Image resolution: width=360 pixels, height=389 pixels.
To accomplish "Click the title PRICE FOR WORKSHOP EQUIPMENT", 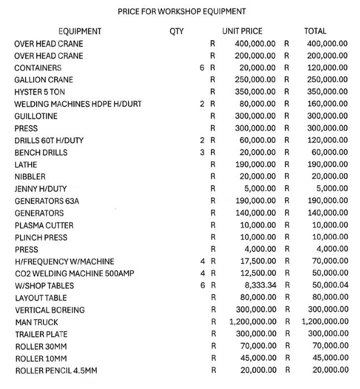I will [182, 11].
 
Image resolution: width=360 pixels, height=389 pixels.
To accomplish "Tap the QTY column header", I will [176, 32].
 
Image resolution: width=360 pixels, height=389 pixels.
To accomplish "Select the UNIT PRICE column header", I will [242, 32].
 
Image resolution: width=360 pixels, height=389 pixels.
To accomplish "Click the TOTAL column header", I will [315, 32].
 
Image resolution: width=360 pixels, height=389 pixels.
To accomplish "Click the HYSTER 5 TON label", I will [40, 92].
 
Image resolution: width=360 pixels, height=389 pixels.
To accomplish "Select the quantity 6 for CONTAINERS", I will [203, 68].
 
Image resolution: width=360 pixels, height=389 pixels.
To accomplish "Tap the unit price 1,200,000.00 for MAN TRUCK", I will [252, 322].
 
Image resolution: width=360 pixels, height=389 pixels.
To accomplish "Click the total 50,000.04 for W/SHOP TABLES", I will [324, 286].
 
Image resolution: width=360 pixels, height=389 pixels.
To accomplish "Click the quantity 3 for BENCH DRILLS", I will [203, 153].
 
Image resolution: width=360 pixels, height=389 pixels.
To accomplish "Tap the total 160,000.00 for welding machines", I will [323, 104].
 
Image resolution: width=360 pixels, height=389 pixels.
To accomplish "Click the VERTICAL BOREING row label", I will [50, 310].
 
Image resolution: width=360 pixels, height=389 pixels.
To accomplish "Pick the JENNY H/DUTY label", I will [40, 189].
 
